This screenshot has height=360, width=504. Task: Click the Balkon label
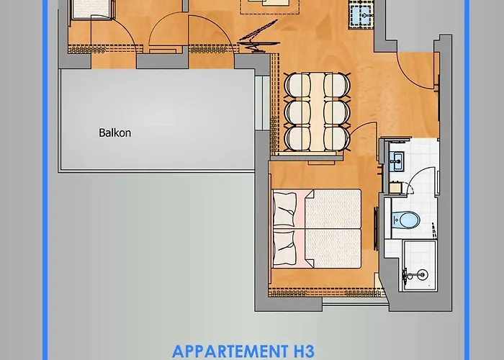point(115,133)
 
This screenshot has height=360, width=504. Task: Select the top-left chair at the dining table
point(297,85)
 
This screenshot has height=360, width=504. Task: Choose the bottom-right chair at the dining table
point(335,137)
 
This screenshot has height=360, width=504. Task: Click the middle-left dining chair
point(297,112)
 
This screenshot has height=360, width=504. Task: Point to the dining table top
point(315,112)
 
